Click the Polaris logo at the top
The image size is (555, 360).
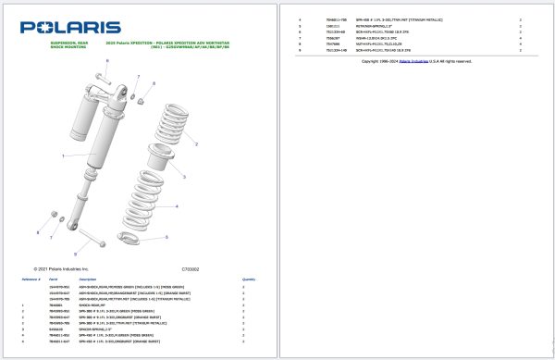click(x=70, y=28)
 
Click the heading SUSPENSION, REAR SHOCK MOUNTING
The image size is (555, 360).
click(x=68, y=45)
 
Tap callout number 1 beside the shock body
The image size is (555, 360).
click(x=62, y=156)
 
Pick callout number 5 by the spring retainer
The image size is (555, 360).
click(x=166, y=237)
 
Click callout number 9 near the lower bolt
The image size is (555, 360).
click(x=74, y=253)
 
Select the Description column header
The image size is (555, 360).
click(x=88, y=278)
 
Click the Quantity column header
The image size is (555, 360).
click(x=249, y=278)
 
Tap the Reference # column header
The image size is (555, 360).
click(x=31, y=278)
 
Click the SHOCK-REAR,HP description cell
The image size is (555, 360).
click(x=96, y=304)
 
